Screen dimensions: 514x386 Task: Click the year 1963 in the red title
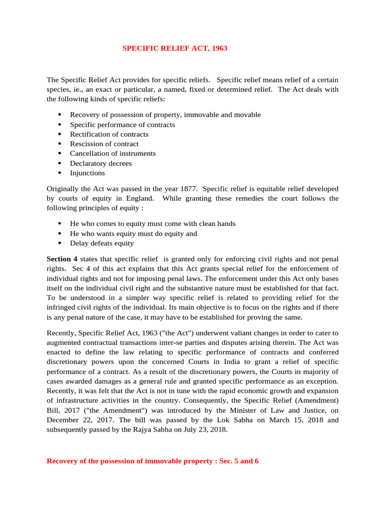(219, 49)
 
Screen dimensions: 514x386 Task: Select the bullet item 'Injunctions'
(87, 173)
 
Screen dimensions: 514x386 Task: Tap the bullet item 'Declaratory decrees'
(101, 163)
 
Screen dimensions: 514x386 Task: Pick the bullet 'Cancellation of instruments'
(113, 154)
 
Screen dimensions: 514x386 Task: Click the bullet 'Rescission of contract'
(104, 144)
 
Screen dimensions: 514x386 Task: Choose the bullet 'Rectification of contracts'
(109, 134)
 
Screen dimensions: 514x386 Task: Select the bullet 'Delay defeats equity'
(102, 243)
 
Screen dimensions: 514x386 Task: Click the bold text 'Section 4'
(62, 259)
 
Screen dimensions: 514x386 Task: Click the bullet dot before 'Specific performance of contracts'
(59, 124)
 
